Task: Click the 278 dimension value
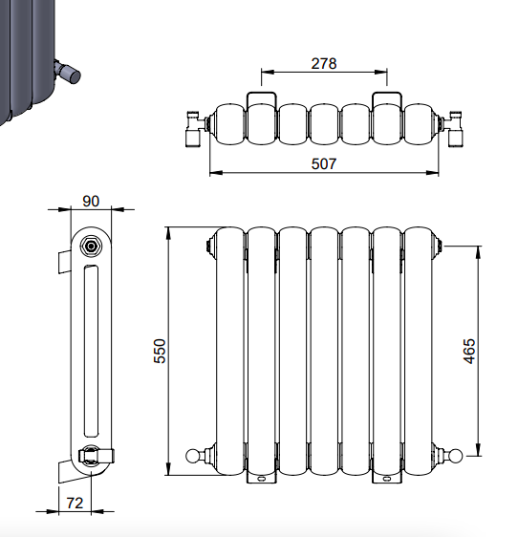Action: tap(324, 64)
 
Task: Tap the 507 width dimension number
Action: tap(324, 163)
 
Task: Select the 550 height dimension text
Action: tap(160, 351)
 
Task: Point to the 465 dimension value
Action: tap(469, 351)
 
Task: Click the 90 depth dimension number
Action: tap(91, 201)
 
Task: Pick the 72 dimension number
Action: tap(75, 504)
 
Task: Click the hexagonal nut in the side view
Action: tap(91, 247)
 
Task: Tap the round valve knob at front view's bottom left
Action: tap(192, 456)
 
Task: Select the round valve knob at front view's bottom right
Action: tap(456, 456)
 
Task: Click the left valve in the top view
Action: tap(195, 129)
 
